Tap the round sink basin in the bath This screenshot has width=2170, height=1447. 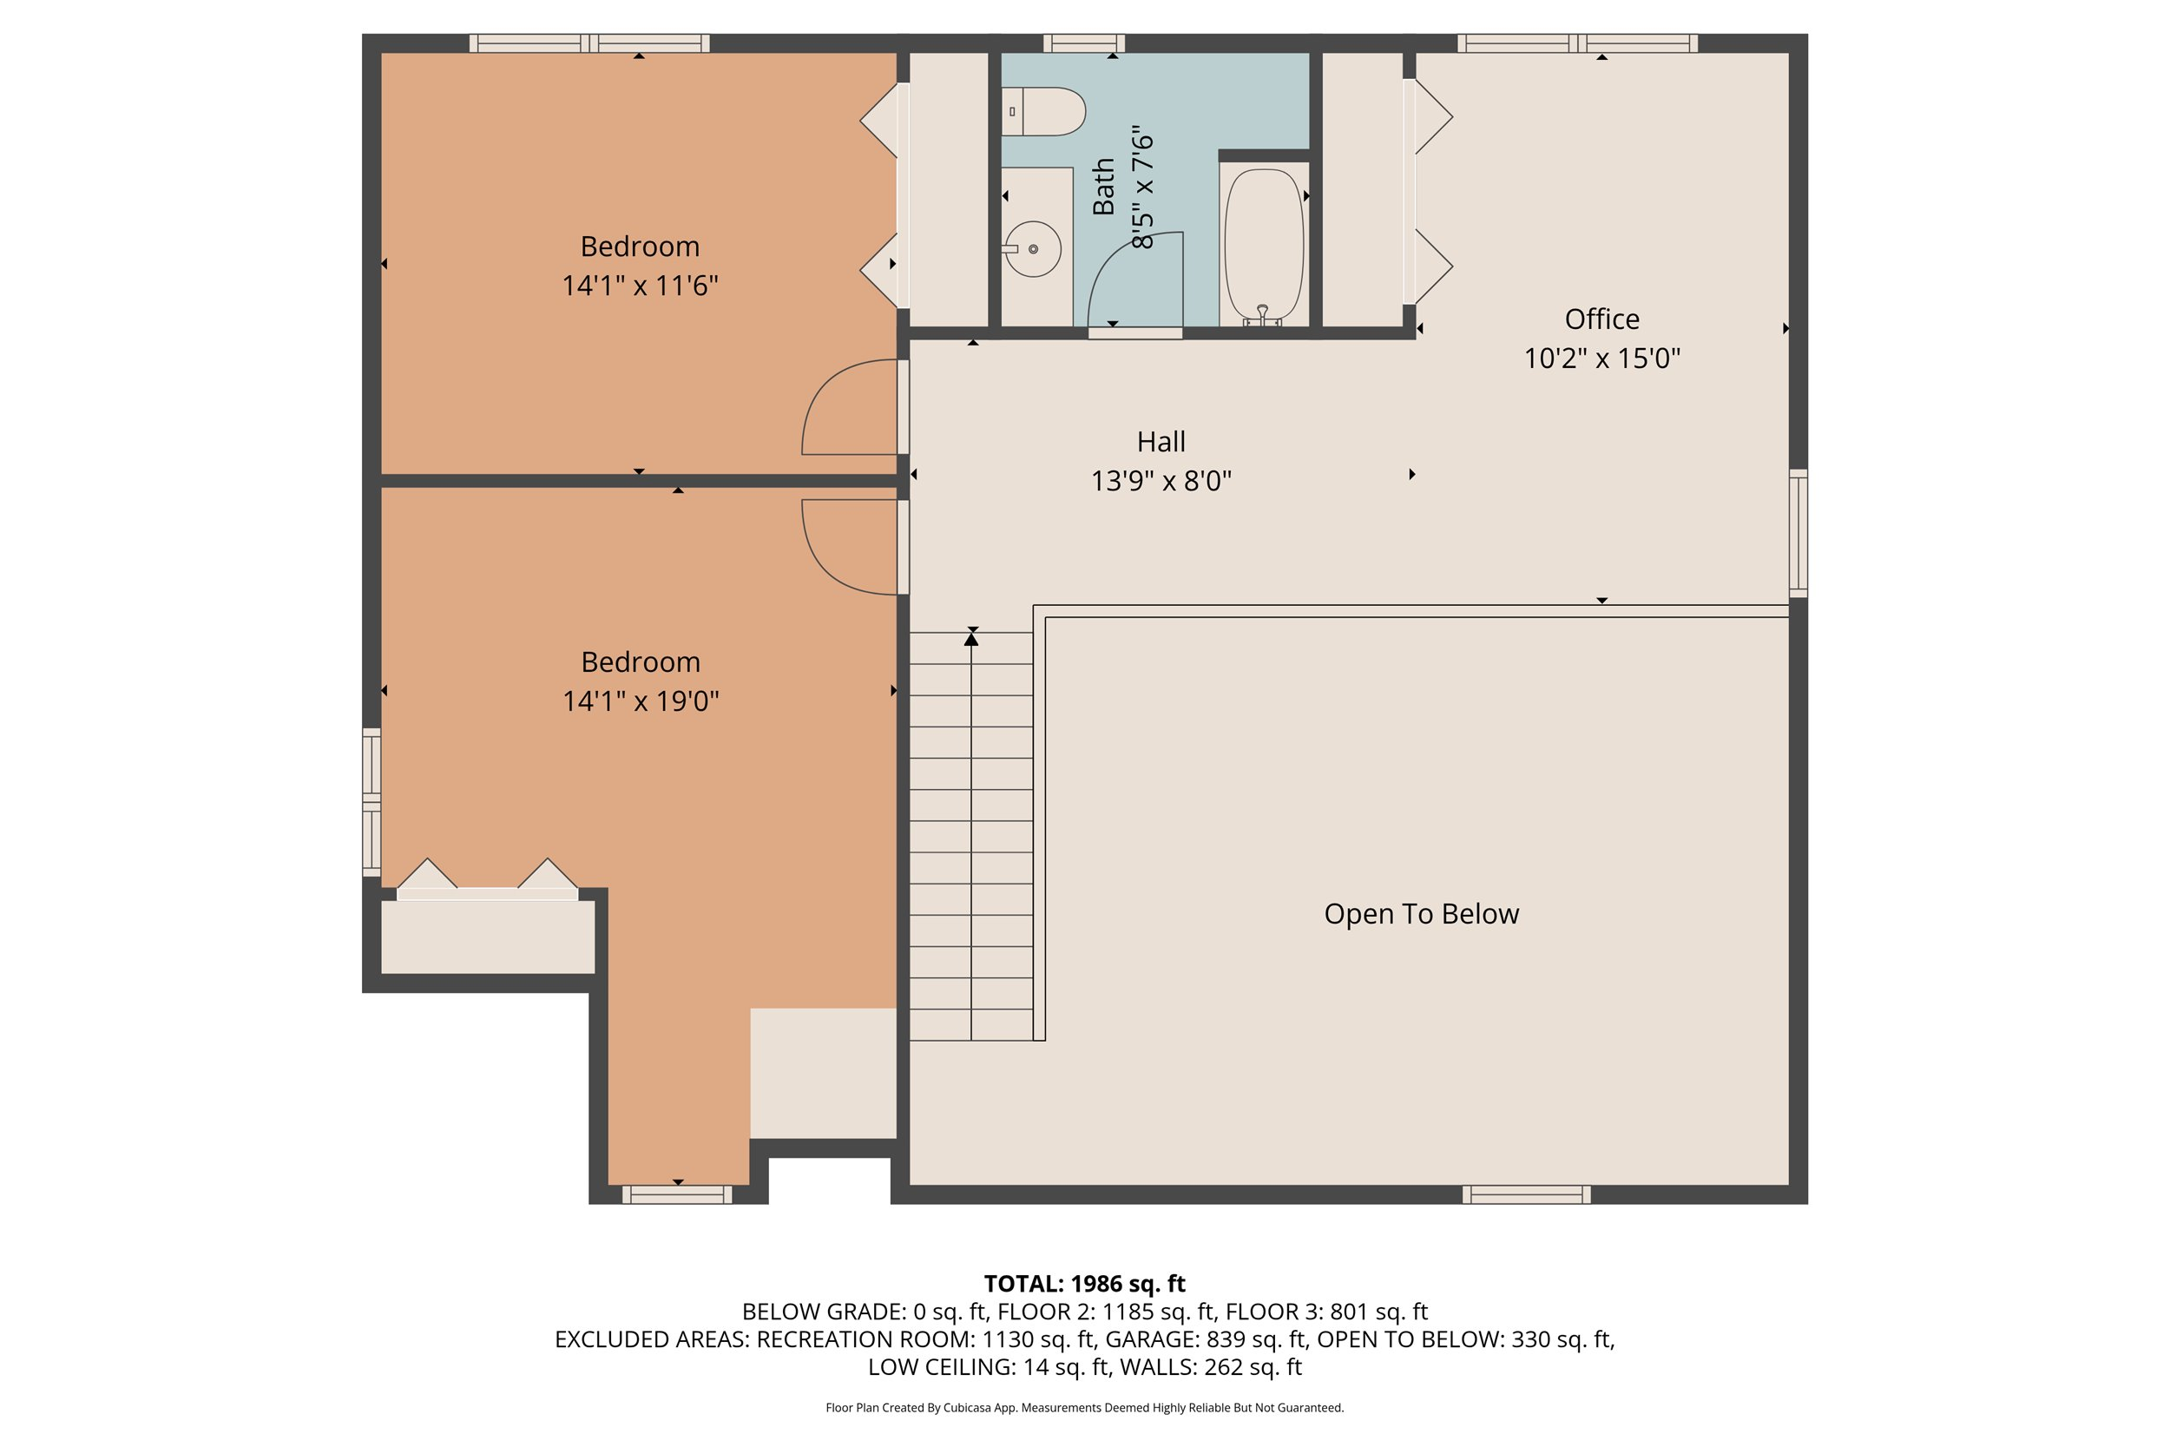click(x=1033, y=249)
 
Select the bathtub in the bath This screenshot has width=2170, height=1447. click(x=1263, y=246)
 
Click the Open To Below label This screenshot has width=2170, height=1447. click(x=1421, y=914)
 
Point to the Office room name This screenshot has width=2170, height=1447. click(x=1601, y=319)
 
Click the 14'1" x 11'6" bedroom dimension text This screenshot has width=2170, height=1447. click(x=640, y=286)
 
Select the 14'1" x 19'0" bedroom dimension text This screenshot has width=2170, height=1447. click(x=641, y=701)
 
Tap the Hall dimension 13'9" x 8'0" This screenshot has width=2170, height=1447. click(x=1161, y=481)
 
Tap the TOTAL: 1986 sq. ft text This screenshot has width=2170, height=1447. click(x=1084, y=1284)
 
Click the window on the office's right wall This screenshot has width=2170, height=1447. click(x=1798, y=532)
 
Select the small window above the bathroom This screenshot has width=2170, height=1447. click(x=1083, y=43)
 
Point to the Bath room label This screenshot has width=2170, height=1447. click(x=1103, y=187)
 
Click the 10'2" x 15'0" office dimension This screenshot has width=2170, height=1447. click(x=1601, y=358)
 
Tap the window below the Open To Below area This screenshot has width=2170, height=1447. click(x=1526, y=1195)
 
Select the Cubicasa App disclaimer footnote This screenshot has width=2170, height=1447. click(x=1084, y=1407)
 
